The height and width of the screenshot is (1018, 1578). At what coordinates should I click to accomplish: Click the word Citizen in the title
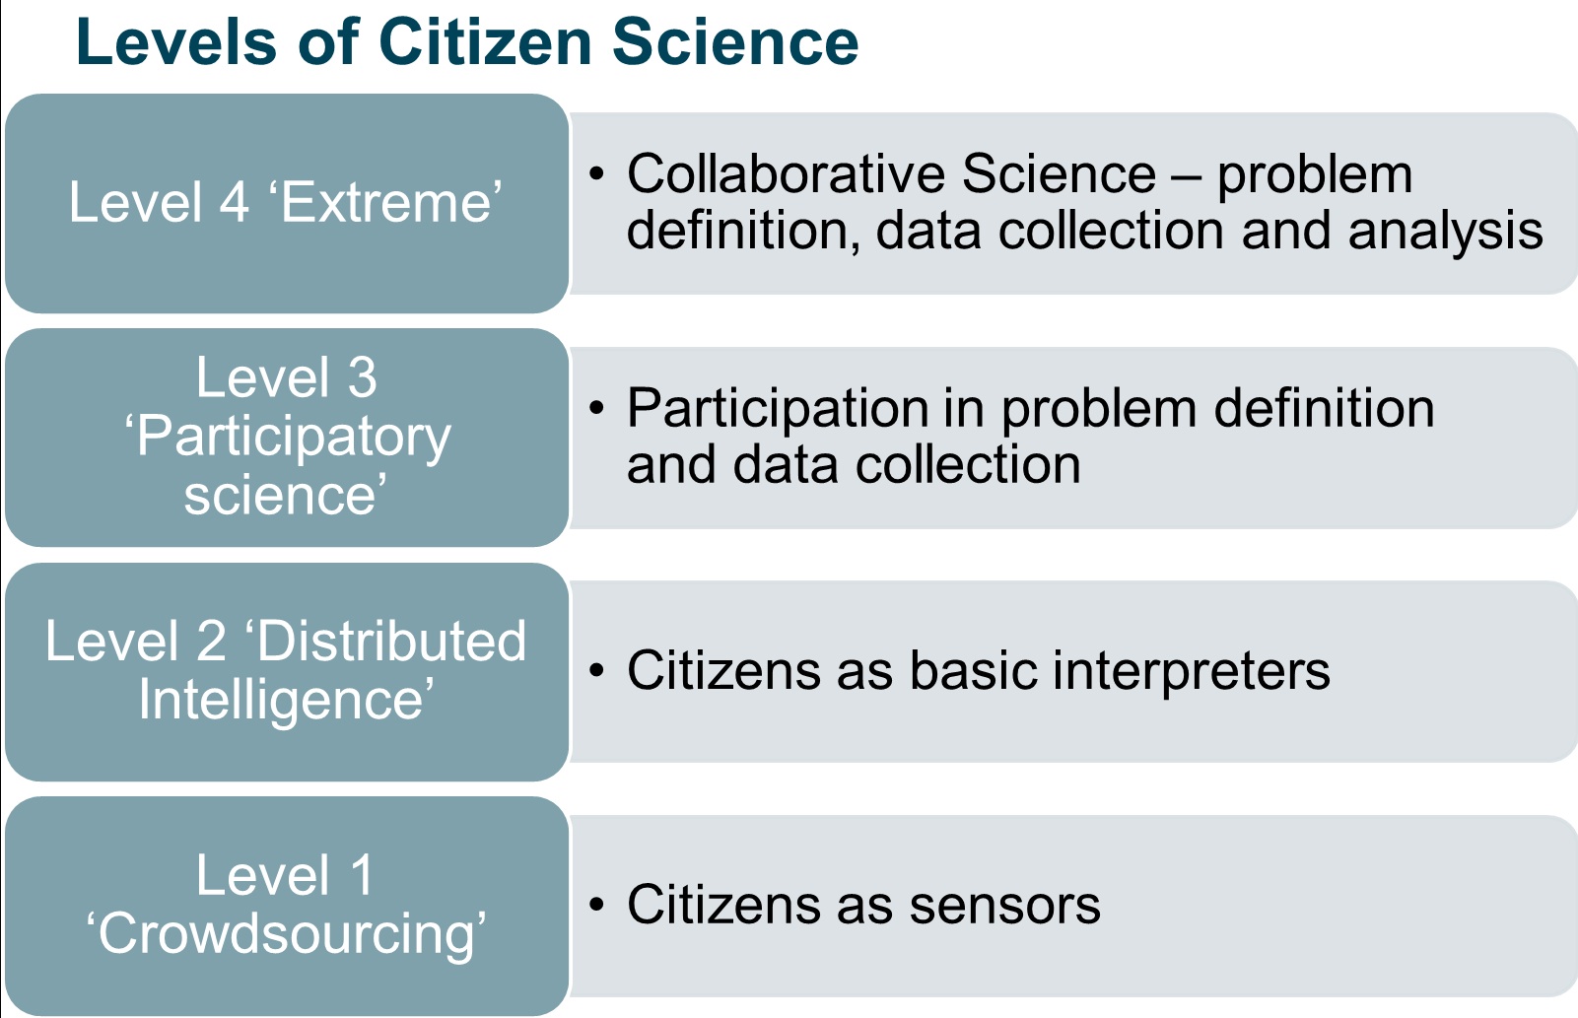[485, 42]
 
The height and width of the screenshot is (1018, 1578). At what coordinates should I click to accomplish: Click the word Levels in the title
[175, 42]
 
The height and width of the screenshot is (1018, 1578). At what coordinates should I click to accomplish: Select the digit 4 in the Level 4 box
[234, 203]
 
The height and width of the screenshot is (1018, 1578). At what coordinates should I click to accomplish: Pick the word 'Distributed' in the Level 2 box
[385, 641]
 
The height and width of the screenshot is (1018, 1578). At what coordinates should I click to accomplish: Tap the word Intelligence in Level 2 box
[285, 700]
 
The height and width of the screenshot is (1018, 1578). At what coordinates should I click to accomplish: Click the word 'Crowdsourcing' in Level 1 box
[286, 934]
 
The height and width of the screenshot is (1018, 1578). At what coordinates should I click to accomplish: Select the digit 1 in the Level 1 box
[361, 875]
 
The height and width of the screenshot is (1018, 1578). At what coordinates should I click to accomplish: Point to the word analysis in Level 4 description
[1445, 232]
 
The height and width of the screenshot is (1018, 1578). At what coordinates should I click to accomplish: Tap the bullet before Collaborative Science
[596, 173]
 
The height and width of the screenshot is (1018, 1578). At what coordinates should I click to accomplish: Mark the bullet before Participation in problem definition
[596, 407]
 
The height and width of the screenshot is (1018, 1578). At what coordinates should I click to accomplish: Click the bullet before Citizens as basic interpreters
[596, 670]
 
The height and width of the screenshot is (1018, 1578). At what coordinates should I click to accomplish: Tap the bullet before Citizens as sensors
[596, 904]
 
